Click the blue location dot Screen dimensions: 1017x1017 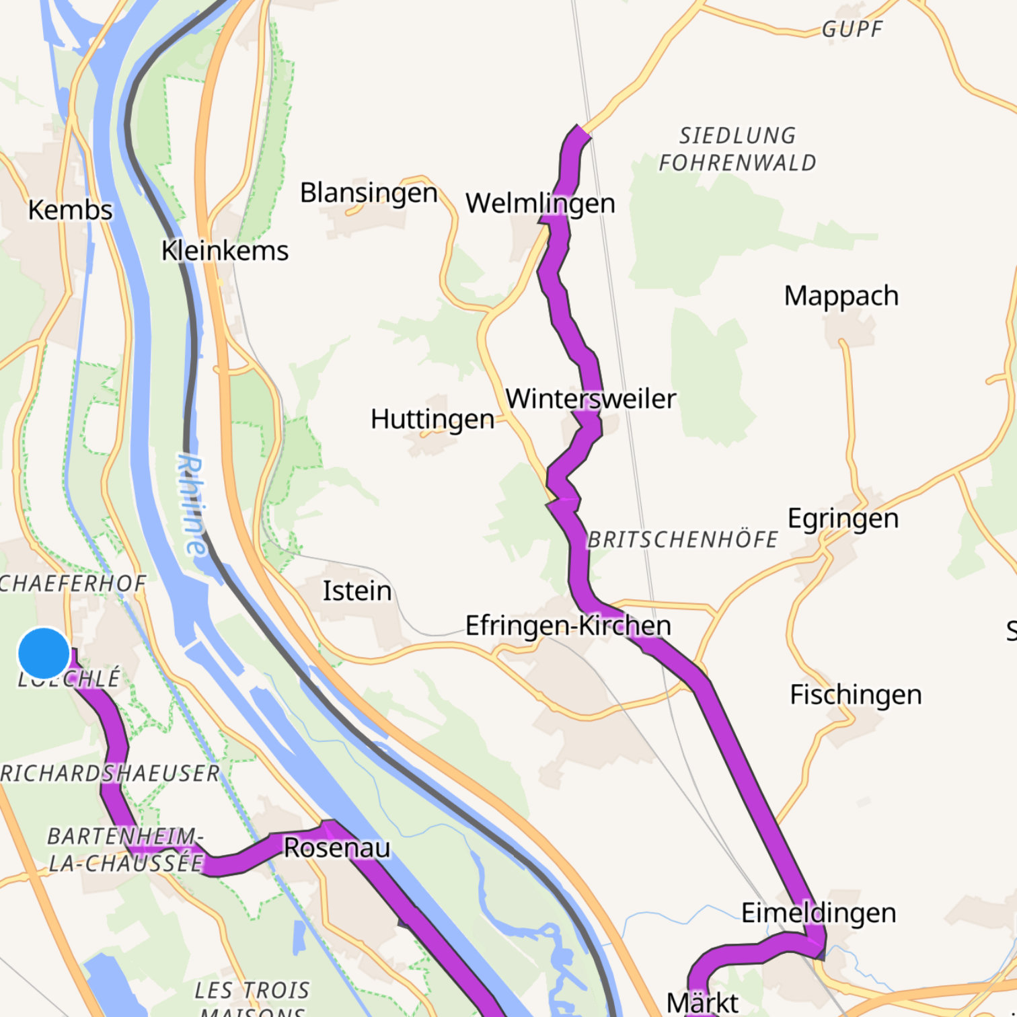(x=44, y=653)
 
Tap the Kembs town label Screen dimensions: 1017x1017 (x=70, y=210)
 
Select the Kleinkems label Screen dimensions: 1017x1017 (x=225, y=251)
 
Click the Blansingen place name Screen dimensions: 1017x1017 (x=369, y=193)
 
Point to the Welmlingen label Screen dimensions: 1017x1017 (x=540, y=203)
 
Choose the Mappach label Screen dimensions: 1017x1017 (x=841, y=296)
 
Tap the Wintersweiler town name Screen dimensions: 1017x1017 (x=591, y=399)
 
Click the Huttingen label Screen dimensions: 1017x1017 (x=432, y=419)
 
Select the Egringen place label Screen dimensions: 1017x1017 (x=843, y=519)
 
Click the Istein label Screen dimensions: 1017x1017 (x=357, y=591)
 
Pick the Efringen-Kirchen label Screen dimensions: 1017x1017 (x=568, y=626)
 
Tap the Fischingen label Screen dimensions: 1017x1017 (x=856, y=695)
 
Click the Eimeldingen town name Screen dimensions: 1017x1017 (x=819, y=913)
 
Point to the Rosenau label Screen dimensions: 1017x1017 (x=336, y=848)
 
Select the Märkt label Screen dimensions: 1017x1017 (x=702, y=1002)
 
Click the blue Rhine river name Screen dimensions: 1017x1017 (x=192, y=504)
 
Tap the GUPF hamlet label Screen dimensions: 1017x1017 (x=852, y=30)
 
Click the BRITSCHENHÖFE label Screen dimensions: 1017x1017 (x=683, y=540)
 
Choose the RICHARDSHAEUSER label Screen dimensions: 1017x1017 (x=110, y=774)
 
